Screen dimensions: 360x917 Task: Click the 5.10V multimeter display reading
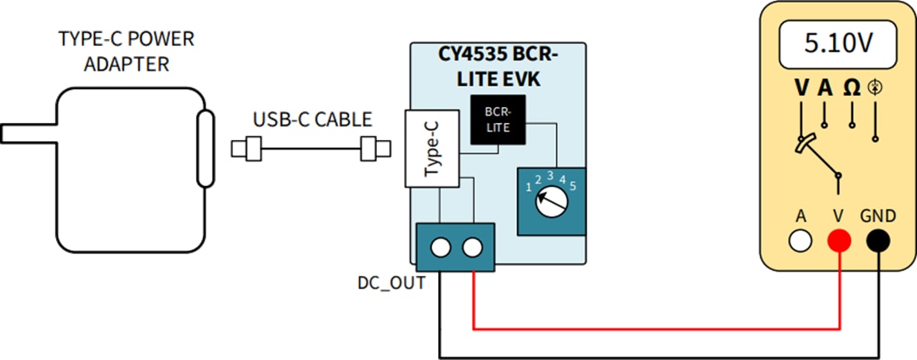838,42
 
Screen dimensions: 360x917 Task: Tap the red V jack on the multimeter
838,241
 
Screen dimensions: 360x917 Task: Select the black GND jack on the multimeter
877,241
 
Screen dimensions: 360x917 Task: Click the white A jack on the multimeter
800,241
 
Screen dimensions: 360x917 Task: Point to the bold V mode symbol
802,87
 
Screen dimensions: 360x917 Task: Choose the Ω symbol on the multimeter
851,87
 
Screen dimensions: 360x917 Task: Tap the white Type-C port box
431,149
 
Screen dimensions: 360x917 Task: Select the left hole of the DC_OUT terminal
440,247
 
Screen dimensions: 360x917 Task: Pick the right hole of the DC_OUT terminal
471,247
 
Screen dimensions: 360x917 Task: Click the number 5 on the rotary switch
573,184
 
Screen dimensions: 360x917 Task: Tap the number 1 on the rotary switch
528,185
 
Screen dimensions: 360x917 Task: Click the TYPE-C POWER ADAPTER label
126,52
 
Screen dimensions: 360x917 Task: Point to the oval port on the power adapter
204,149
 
